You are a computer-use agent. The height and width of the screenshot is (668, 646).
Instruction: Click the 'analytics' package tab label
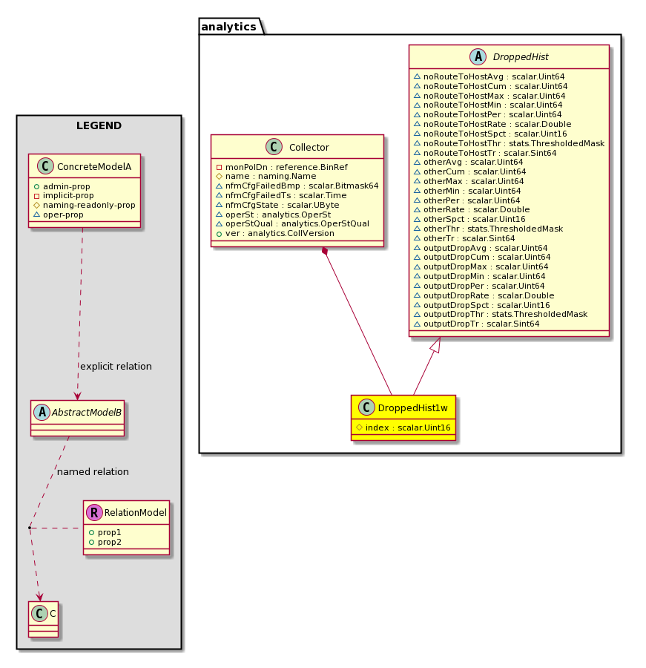click(228, 27)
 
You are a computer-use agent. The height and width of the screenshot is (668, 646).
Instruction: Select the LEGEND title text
click(99, 125)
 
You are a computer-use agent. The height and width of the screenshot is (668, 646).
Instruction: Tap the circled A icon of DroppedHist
click(478, 56)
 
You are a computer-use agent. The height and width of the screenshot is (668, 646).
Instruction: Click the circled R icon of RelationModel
click(94, 512)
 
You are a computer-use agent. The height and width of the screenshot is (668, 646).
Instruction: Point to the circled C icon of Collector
click(274, 147)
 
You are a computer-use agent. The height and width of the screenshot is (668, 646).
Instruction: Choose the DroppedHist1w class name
click(412, 408)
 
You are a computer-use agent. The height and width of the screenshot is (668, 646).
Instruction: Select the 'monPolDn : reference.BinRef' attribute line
click(286, 167)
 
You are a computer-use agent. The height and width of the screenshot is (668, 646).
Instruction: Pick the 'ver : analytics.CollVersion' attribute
click(280, 234)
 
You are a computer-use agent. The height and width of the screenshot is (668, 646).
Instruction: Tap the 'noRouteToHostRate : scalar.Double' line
click(497, 124)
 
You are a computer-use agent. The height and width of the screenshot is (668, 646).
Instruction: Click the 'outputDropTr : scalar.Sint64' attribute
click(481, 324)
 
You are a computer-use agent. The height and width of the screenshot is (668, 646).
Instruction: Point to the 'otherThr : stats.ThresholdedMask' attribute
click(492, 229)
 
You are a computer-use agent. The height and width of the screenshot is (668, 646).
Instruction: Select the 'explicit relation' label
click(116, 367)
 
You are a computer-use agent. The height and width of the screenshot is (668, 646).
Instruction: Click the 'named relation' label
click(93, 471)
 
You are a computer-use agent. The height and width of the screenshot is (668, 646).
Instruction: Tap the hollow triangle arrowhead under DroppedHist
click(435, 344)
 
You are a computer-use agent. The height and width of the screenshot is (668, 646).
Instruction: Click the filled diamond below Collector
click(326, 251)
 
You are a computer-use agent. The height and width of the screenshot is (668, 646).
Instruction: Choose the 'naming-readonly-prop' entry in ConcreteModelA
click(89, 205)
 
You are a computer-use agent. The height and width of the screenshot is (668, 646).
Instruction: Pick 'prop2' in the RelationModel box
click(110, 542)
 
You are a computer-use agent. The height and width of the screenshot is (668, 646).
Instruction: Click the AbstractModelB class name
click(87, 413)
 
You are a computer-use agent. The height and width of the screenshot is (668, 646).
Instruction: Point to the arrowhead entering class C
click(39, 597)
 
